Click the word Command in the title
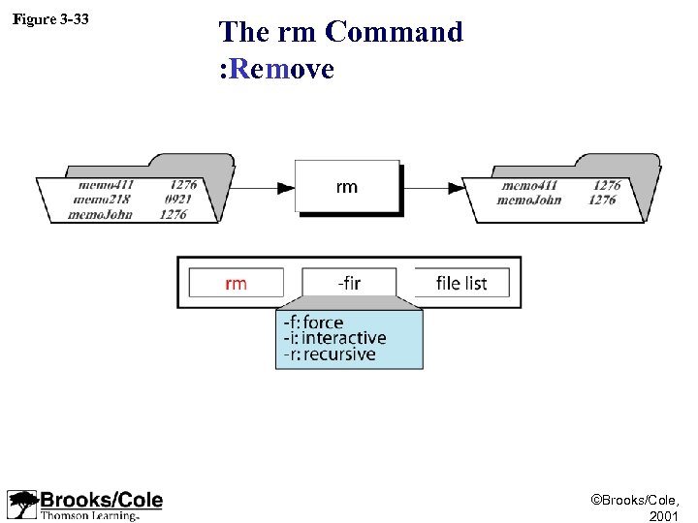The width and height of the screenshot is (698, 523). (x=395, y=32)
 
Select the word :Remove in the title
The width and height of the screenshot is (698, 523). (x=276, y=69)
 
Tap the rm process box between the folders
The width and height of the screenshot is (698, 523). (x=347, y=186)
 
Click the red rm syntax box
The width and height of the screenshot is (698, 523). (x=236, y=283)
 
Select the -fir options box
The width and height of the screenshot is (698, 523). (x=349, y=283)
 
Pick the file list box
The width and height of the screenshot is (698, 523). (x=461, y=283)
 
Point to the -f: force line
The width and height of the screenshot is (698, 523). (x=312, y=323)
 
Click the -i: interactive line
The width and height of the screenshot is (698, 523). (x=333, y=338)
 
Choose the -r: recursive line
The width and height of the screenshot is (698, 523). (x=329, y=354)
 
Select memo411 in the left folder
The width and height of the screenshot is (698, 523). (x=106, y=185)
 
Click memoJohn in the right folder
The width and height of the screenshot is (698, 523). (x=528, y=200)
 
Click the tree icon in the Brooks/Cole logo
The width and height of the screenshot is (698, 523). (x=21, y=505)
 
